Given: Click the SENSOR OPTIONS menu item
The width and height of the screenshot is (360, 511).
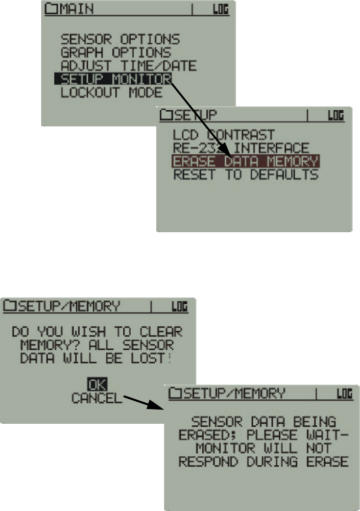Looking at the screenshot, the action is [120, 39].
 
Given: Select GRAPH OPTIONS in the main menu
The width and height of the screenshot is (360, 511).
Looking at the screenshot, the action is [116, 52].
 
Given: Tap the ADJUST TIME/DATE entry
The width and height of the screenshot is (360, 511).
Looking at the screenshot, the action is [128, 65].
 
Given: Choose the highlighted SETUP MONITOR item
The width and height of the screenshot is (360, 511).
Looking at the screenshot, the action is [113, 78].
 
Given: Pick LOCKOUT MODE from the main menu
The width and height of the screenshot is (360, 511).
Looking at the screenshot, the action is [111, 92].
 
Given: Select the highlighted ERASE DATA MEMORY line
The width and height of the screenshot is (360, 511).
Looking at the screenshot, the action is [245, 161].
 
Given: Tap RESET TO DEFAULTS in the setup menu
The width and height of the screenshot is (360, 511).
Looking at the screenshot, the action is [245, 174].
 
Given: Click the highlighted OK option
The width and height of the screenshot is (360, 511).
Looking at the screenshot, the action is [97, 385].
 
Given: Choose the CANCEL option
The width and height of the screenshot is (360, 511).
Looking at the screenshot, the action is [96, 398].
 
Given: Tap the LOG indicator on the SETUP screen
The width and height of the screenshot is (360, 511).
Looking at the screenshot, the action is [336, 116].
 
